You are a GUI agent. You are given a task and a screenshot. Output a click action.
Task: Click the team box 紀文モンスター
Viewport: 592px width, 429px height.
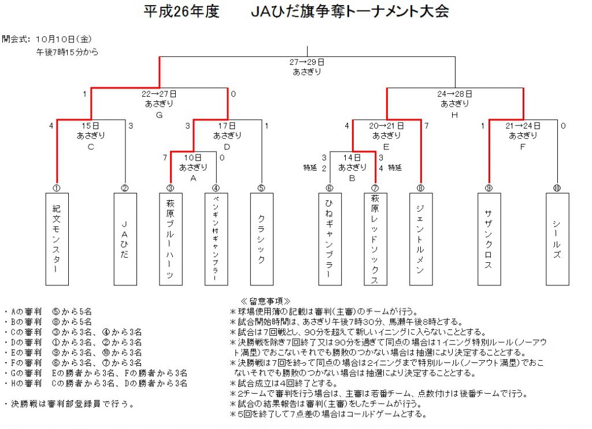[57, 239]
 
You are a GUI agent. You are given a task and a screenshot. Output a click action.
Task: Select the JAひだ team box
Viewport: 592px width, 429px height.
[125, 239]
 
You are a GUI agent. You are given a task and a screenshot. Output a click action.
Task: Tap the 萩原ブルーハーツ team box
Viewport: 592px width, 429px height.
[171, 239]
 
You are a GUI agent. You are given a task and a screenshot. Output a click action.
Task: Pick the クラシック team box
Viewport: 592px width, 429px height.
[262, 239]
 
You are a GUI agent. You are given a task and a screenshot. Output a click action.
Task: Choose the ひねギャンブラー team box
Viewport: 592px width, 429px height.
[330, 239]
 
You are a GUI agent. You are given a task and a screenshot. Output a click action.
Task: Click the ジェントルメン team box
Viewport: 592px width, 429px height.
[421, 239]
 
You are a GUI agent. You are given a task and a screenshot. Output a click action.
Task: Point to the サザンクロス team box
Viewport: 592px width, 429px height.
[489, 239]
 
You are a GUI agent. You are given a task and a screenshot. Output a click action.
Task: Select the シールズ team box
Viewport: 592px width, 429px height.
[557, 239]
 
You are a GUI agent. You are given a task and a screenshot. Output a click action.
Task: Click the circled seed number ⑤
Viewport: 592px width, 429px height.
[261, 188]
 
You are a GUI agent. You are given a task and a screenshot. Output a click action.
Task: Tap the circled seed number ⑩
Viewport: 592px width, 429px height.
[557, 188]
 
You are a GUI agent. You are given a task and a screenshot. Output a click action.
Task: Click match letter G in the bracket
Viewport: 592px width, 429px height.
[159, 115]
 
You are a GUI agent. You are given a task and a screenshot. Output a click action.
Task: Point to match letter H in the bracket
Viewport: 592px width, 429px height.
[454, 115]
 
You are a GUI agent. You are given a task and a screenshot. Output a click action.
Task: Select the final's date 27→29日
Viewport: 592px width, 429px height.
[307, 62]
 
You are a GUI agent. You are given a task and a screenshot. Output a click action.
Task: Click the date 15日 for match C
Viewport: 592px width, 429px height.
[91, 126]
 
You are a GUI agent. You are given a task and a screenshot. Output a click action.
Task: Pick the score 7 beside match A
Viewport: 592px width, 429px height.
[165, 157]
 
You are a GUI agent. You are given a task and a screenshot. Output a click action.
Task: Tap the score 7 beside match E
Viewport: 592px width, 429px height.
[426, 126]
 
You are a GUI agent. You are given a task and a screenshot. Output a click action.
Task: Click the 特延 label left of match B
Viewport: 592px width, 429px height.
[310, 167]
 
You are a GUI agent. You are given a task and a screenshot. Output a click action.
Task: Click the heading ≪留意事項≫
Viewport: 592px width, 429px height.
[265, 301]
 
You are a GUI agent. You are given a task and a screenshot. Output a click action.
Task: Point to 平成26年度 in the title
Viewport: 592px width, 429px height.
[181, 12]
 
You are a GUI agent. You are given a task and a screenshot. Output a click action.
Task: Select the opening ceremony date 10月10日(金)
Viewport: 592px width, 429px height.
[64, 39]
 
